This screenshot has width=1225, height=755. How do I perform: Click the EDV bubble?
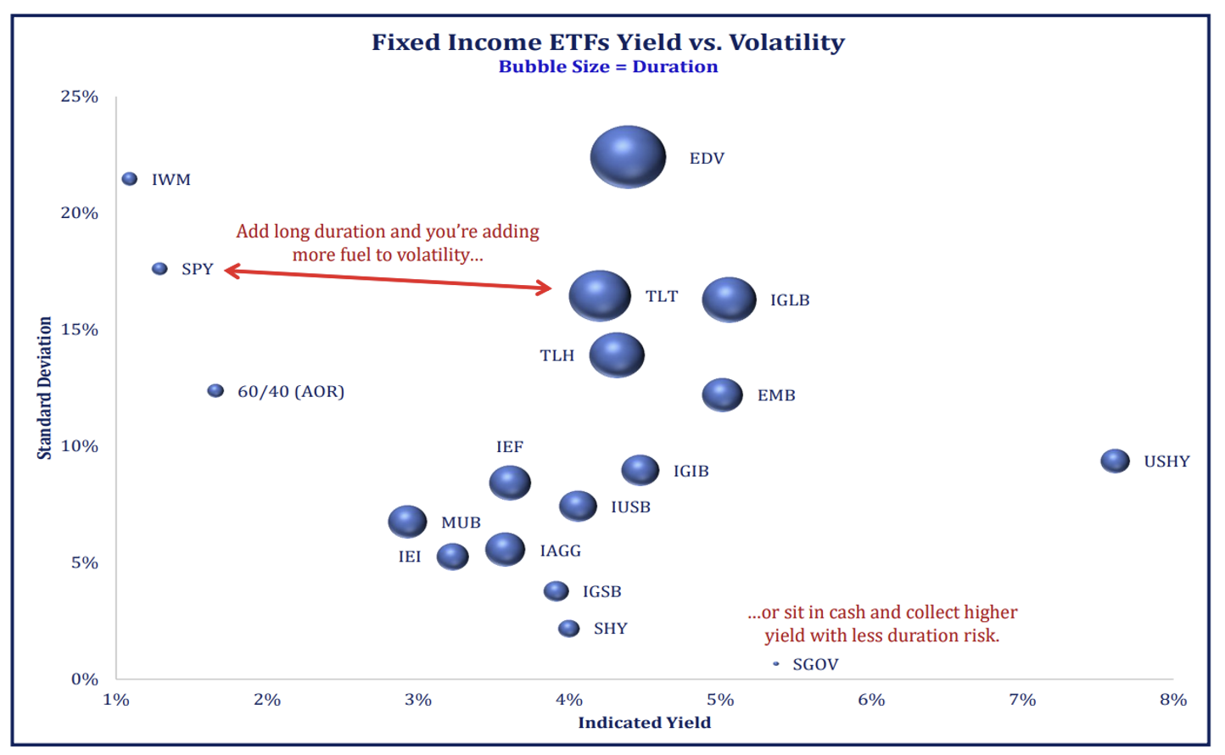click(628, 157)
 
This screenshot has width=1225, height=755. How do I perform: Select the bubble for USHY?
click(1115, 461)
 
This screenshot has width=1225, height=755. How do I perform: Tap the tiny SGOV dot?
click(776, 664)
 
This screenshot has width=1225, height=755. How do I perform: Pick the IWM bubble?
click(130, 179)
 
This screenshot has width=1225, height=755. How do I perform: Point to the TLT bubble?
click(600, 295)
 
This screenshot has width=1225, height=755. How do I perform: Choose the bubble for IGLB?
click(729, 299)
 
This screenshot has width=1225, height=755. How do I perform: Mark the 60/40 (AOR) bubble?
click(216, 390)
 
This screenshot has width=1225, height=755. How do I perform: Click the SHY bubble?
click(568, 629)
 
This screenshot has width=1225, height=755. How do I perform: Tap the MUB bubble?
click(407, 521)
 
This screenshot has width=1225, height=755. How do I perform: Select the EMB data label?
click(776, 395)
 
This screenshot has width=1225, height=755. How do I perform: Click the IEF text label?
click(510, 447)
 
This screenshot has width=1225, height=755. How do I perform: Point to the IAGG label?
click(561, 551)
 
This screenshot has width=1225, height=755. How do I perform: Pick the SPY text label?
click(198, 269)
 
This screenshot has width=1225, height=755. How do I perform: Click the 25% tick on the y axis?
click(79, 97)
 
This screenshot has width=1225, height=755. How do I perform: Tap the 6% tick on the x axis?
click(871, 700)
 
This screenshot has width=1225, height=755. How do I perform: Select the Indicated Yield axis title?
click(645, 723)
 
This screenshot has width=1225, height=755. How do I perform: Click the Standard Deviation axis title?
click(44, 388)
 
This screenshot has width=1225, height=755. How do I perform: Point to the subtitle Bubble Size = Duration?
click(608, 67)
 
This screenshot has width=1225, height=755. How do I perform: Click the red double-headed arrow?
click(388, 279)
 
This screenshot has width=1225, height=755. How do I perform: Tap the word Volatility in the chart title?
click(786, 42)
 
